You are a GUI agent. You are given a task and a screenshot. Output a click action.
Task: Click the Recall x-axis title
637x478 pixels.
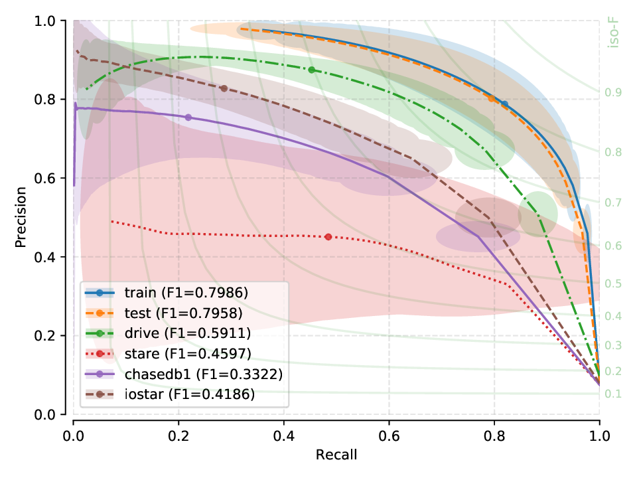pyautogui.click(x=336, y=455)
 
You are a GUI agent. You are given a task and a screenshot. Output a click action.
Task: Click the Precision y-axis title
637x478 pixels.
pyautogui.click(x=21, y=218)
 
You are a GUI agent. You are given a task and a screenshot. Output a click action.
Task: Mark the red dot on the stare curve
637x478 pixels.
pyautogui.click(x=328, y=237)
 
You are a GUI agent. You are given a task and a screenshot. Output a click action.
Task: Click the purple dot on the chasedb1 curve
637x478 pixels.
pyautogui.click(x=188, y=118)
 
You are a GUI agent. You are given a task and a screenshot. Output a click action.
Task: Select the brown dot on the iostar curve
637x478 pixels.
pyautogui.click(x=224, y=88)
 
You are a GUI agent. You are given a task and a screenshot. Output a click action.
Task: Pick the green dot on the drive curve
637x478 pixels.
pyautogui.click(x=311, y=70)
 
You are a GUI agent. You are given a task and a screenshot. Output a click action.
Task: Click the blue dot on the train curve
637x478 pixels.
pyautogui.click(x=504, y=104)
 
